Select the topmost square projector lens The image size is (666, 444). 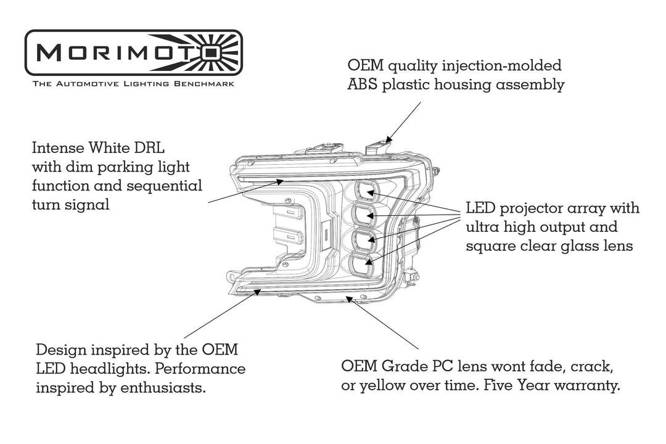tap(368, 193)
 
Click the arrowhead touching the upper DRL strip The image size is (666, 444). tap(281, 181)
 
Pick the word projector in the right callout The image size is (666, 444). tap(532, 208)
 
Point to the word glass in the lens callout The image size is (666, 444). tap(570, 246)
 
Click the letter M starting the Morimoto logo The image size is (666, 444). tap(47, 54)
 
